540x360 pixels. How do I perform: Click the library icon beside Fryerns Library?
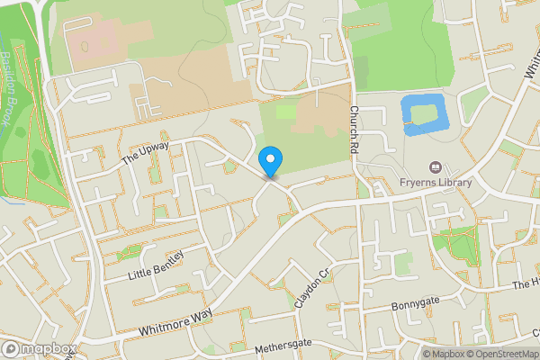coord(436,167)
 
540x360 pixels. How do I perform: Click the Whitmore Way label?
coord(175,323)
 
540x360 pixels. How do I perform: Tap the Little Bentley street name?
coord(156,265)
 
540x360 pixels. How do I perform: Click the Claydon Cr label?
coord(312,288)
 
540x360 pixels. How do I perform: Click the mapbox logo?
coord(40,348)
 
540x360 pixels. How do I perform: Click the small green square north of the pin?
coord(285,112)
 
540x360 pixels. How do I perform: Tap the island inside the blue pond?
coord(422,114)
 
